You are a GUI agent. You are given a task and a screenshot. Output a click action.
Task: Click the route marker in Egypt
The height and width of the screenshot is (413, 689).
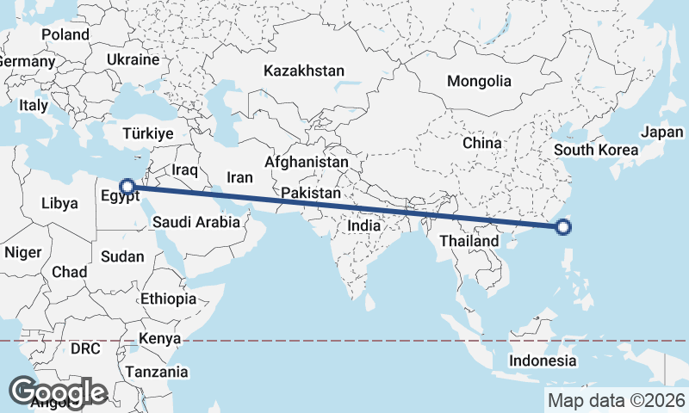click(127, 186)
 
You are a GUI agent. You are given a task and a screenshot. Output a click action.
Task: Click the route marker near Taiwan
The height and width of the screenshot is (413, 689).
click(563, 227)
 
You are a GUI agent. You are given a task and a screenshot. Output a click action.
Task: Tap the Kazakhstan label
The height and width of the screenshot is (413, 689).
click(304, 71)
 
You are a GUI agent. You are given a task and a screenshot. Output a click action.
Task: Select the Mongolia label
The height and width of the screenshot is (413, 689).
click(479, 81)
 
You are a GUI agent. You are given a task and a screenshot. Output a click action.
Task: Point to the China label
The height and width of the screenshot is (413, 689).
click(481, 143)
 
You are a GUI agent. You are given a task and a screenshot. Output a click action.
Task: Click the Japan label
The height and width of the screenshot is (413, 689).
click(661, 133)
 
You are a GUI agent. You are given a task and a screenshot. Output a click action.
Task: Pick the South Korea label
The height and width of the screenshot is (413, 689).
click(596, 150)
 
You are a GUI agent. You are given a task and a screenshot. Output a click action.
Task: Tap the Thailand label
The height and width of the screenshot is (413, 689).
click(469, 241)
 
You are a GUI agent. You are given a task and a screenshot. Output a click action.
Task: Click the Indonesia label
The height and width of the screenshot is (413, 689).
click(542, 360)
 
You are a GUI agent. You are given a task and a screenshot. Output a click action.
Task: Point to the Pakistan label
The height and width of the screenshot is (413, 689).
click(310, 194)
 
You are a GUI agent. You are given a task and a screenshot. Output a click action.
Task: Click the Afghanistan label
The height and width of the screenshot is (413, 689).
click(307, 162)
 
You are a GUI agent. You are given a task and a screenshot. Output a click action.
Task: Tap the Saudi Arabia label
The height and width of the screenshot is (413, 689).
click(196, 222)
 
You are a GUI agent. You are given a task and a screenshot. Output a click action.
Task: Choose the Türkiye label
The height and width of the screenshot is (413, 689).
click(148, 133)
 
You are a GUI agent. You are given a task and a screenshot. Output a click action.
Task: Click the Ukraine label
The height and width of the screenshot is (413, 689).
click(133, 59)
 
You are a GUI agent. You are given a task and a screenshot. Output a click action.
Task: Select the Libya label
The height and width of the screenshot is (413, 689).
click(59, 204)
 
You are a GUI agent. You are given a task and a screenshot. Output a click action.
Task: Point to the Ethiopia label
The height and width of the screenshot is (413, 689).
click(169, 299)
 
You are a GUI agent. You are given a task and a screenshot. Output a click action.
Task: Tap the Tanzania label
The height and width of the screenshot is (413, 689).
click(156, 372)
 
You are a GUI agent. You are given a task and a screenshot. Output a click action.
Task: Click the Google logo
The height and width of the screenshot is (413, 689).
click(58, 391)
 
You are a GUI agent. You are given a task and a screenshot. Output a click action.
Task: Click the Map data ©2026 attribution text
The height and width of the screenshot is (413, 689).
click(617, 400)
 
